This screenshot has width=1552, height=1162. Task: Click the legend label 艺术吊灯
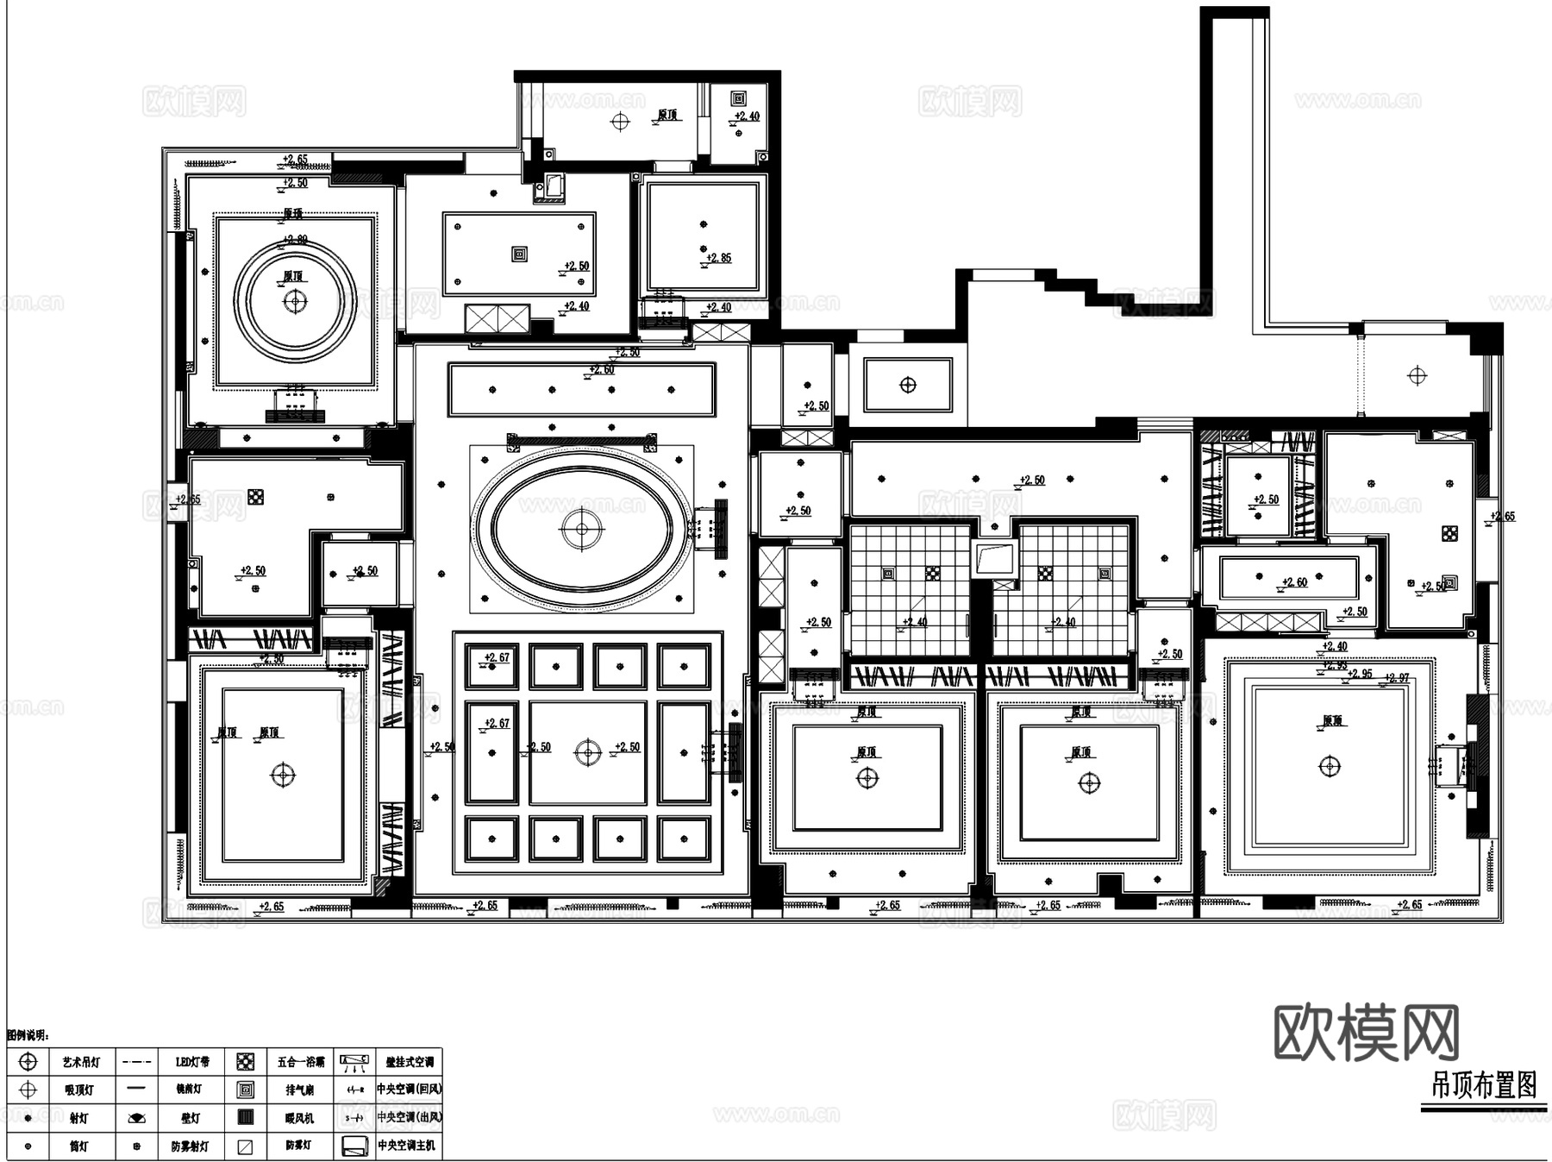click(x=81, y=1062)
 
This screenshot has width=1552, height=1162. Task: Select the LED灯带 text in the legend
click(x=191, y=1062)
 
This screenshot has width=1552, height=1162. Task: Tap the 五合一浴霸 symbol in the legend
click(x=246, y=1062)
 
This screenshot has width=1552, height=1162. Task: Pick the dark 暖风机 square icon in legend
click(x=246, y=1117)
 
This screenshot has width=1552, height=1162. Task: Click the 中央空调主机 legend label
click(x=406, y=1146)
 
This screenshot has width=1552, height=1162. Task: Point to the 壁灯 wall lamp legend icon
click(x=136, y=1118)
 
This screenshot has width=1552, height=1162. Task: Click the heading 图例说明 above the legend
click(x=28, y=1035)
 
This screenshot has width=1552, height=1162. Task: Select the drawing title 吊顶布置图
click(x=1484, y=1085)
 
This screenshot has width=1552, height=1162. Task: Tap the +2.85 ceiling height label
click(x=718, y=258)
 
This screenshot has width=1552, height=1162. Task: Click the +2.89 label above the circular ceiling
click(x=296, y=240)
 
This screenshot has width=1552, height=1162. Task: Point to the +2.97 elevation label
click(x=1397, y=678)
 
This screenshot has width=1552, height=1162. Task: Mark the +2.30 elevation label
click(x=271, y=659)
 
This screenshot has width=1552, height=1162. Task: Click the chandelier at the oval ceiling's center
click(x=582, y=529)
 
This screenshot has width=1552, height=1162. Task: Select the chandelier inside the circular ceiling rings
click(x=296, y=301)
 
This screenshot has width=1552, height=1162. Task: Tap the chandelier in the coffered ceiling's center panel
click(x=588, y=752)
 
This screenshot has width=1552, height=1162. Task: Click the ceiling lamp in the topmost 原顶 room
click(x=620, y=121)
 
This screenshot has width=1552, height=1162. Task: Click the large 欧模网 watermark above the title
click(x=1366, y=1033)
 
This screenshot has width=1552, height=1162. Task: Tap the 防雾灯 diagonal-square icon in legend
click(x=246, y=1146)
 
